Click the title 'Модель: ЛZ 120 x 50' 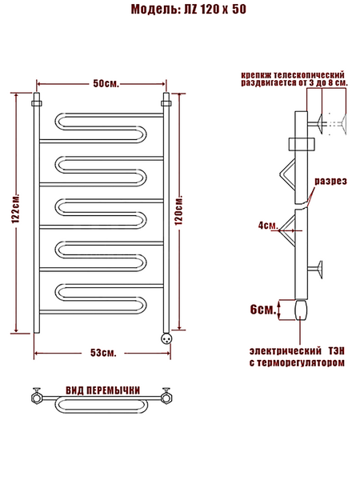coord(189,9)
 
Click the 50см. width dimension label coord(106,83)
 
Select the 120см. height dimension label coord(178,210)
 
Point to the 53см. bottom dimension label coord(103,353)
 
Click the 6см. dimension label coord(263,310)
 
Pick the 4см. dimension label coord(268,226)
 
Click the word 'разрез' coord(331,182)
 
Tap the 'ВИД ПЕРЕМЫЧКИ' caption coord(103,390)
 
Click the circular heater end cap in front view coord(167,338)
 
